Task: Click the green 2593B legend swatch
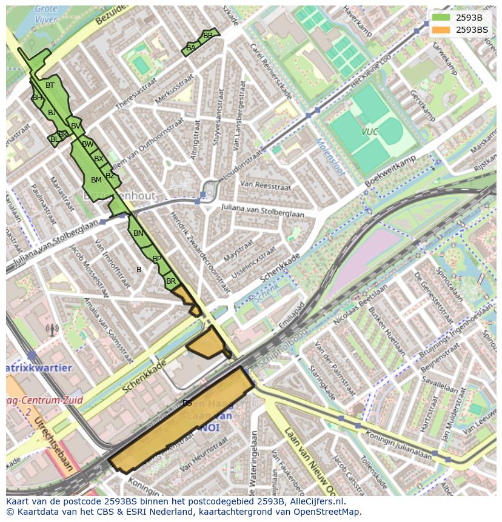(x=441, y=18)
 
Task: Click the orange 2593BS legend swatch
(x=441, y=30)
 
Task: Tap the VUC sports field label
(x=369, y=132)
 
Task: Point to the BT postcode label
(x=50, y=85)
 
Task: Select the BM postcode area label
(x=96, y=180)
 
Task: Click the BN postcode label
(x=138, y=233)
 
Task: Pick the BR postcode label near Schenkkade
(x=170, y=281)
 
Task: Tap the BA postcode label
(x=191, y=48)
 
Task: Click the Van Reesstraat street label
(x=266, y=184)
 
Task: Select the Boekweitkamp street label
(x=390, y=172)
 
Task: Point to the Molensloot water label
(x=330, y=157)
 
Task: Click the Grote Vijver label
(x=46, y=14)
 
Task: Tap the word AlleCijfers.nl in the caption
(x=316, y=501)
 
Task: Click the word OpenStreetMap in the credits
(x=327, y=512)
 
